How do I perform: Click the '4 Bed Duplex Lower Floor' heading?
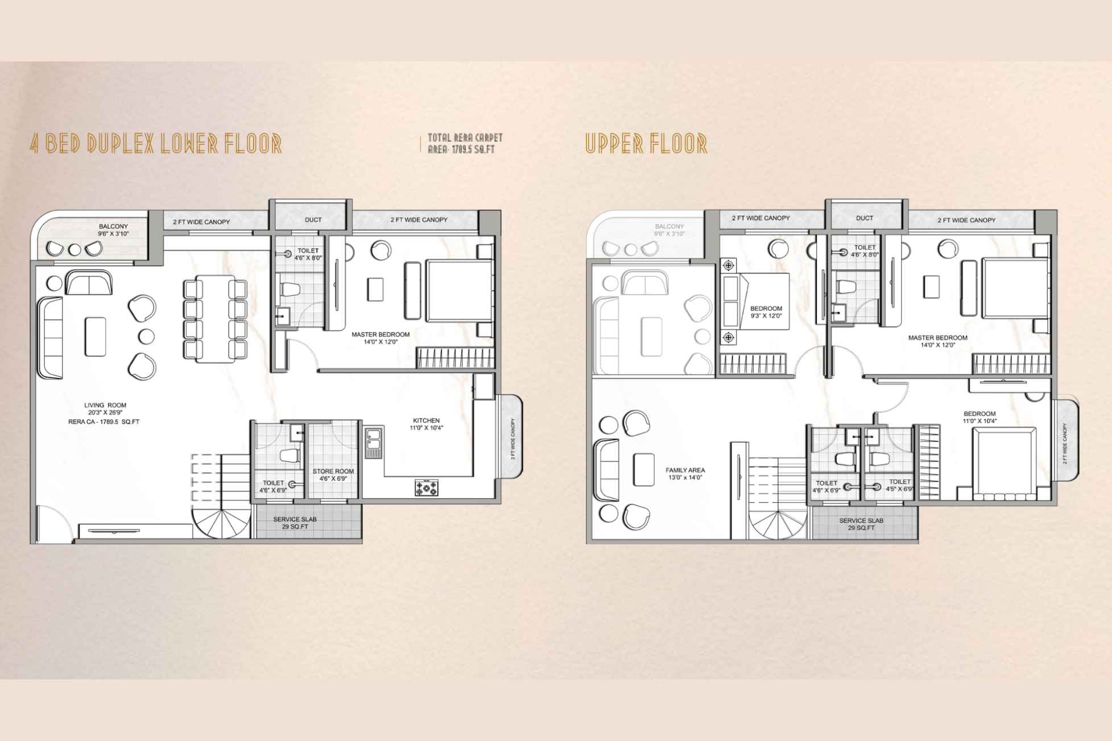click(x=155, y=144)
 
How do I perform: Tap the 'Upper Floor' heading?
click(x=646, y=144)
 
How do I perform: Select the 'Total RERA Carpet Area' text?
click(x=465, y=143)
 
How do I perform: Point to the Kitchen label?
click(x=426, y=424)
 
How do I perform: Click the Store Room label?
click(x=333, y=474)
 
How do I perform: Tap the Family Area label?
click(x=685, y=474)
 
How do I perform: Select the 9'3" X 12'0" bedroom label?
click(x=766, y=312)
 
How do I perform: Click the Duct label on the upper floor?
click(x=864, y=218)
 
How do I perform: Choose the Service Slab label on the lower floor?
click(x=295, y=523)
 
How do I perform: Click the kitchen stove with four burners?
click(x=427, y=488)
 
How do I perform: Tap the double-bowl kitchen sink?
click(x=374, y=442)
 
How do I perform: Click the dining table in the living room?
click(x=215, y=318)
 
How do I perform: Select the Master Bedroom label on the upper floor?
click(x=937, y=341)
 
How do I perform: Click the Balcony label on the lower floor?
click(x=113, y=230)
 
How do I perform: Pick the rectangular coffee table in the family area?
click(x=643, y=469)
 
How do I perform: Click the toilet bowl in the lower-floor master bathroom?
click(x=291, y=291)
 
